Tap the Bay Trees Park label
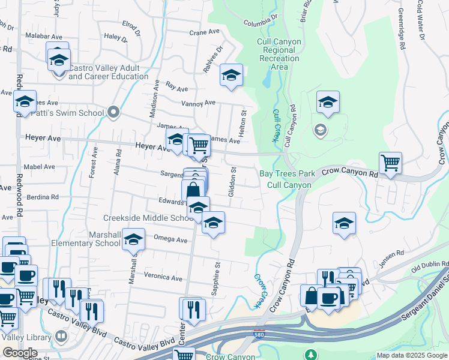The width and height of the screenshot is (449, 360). tap(287, 174)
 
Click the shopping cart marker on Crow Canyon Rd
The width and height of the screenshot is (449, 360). tap(390, 162)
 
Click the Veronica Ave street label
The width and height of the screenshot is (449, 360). tap(163, 278)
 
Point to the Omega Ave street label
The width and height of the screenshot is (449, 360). tap(171, 239)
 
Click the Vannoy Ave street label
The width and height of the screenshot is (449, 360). tap(198, 103)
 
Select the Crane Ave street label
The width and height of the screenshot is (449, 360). tap(202, 33)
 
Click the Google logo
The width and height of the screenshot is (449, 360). tap(19, 352)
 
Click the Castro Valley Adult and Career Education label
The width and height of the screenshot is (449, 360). tap(108, 72)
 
